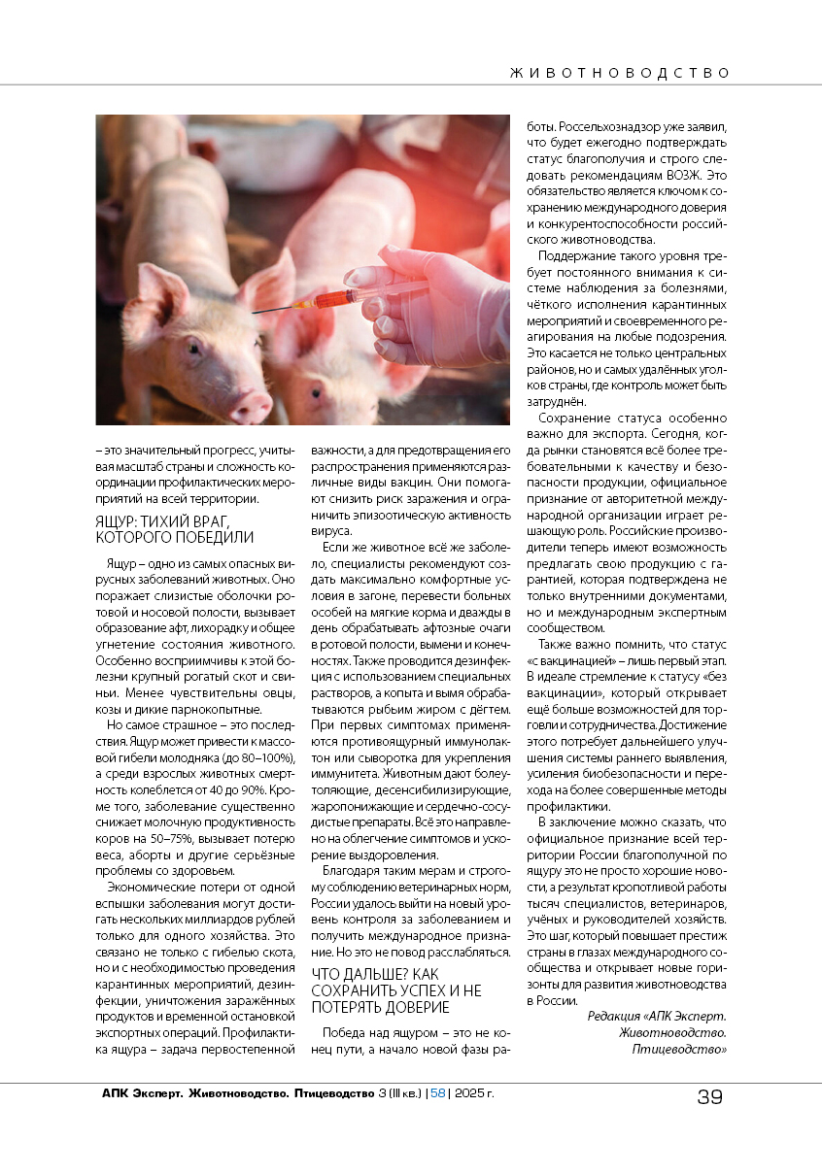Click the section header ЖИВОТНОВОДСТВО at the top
coord(619,73)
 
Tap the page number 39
coord(709,1097)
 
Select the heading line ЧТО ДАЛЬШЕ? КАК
coord(375,973)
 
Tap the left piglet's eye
coord(193,345)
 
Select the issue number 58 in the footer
coord(437,1093)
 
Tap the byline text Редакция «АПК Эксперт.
coord(657,1016)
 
